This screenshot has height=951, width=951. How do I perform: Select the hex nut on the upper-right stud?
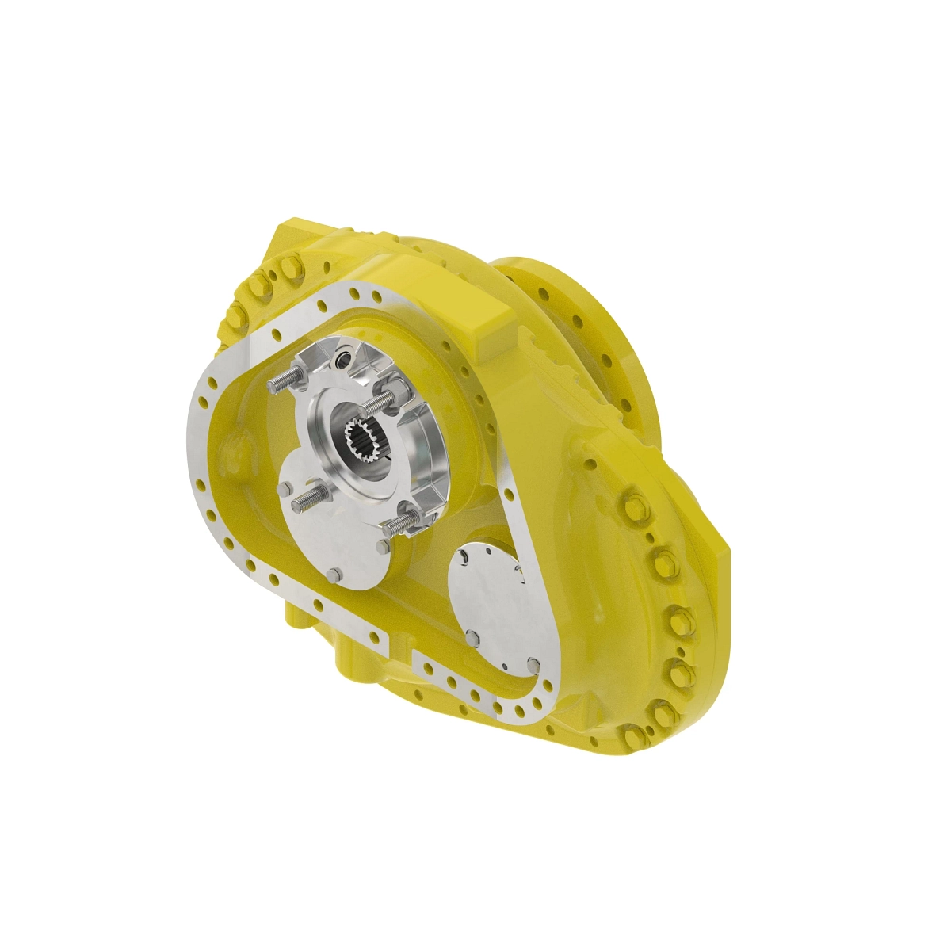coord(394,395)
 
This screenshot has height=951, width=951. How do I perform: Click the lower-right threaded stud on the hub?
coord(401,521)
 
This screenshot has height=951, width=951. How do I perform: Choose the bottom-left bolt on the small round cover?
coord(472,636)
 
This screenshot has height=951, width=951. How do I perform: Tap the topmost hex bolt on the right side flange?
coord(635,507)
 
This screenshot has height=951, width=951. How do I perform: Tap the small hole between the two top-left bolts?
coord(272,277)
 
